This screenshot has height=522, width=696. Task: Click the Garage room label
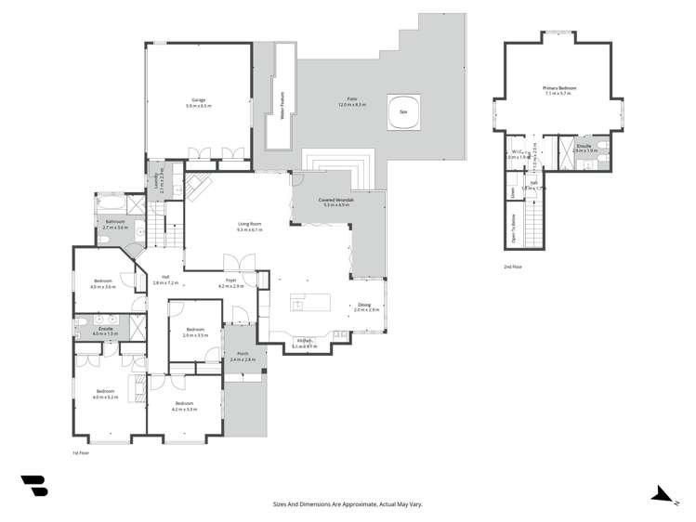197,101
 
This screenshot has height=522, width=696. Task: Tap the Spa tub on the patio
403,110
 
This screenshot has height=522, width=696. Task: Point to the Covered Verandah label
335,202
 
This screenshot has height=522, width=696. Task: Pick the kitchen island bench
312,303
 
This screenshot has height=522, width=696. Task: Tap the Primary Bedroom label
559,90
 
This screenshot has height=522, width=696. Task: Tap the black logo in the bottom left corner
33,488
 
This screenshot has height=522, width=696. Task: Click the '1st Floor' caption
81,453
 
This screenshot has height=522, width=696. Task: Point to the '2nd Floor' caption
513,267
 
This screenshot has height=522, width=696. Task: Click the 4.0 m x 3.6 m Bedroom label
103,284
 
